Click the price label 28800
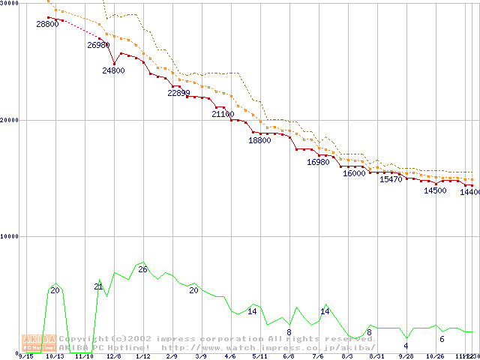(47, 25)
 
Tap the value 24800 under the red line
(114, 70)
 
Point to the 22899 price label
(178, 93)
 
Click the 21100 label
(223, 115)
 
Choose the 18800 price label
(259, 140)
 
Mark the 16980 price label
(318, 162)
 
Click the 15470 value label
(391, 179)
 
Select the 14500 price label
(435, 190)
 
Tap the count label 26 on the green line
(142, 269)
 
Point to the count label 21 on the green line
(98, 286)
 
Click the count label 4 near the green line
(406, 346)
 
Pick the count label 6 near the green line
(442, 339)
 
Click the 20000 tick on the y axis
(8, 119)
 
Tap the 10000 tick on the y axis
(8, 236)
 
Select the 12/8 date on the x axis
(114, 356)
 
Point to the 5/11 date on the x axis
(259, 356)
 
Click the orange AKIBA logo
(38, 343)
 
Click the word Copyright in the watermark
(81, 339)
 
